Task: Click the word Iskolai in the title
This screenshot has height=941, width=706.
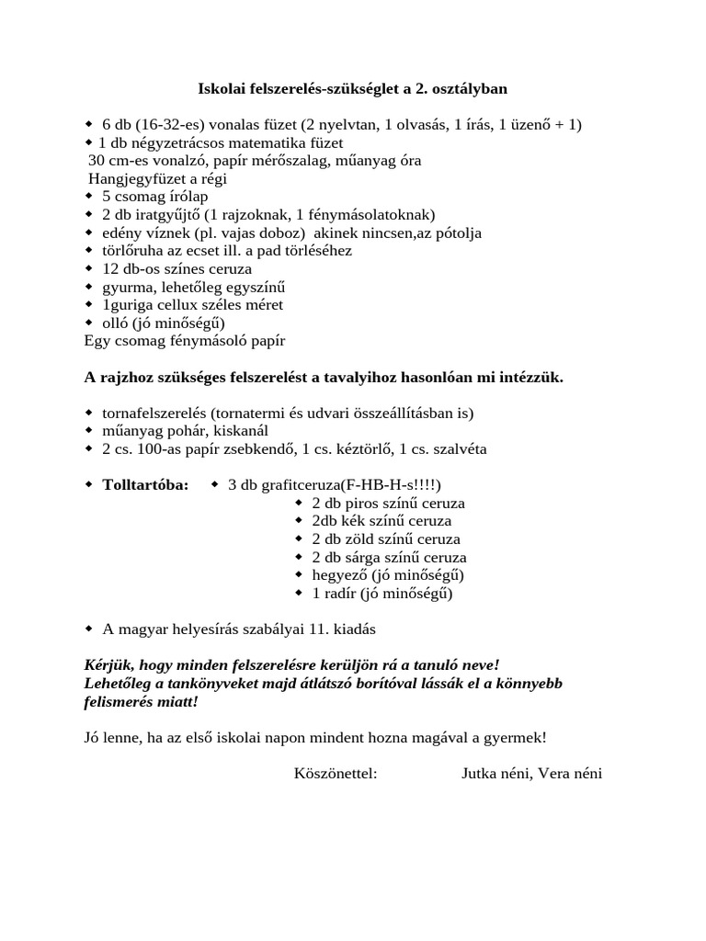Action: (221, 89)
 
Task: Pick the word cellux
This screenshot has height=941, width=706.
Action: (184, 304)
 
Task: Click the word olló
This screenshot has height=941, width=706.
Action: (114, 323)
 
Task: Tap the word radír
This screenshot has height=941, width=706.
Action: (341, 593)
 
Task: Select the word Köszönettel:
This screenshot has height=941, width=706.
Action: (336, 774)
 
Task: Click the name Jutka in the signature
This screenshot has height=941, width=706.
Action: (480, 774)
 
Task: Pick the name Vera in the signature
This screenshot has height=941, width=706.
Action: (554, 774)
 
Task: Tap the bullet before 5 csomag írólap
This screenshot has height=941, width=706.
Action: (89, 197)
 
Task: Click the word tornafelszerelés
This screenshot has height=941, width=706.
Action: (157, 413)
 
